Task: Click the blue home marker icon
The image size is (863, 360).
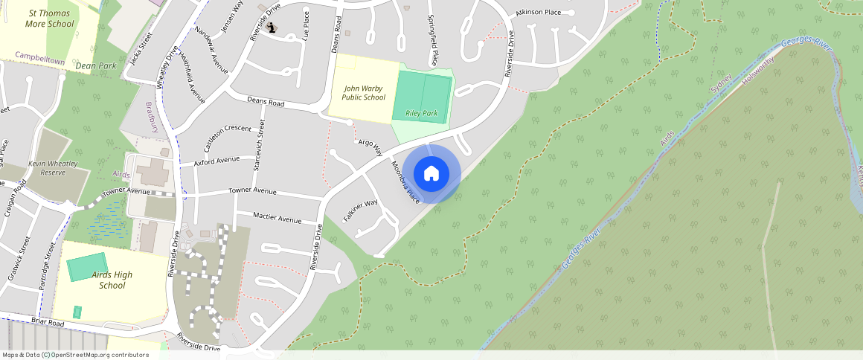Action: click(x=431, y=174)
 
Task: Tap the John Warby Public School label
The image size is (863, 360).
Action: click(x=364, y=92)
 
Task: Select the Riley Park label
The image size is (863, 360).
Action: click(x=422, y=113)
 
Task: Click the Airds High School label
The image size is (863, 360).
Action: click(x=112, y=280)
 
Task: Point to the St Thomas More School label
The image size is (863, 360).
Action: click(x=51, y=19)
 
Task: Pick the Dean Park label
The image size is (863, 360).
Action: click(x=96, y=65)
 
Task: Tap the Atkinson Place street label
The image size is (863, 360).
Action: click(x=538, y=13)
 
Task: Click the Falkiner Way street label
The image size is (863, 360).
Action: click(x=361, y=212)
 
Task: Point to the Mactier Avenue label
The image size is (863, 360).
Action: click(x=277, y=219)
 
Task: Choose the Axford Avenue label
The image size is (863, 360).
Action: click(x=217, y=160)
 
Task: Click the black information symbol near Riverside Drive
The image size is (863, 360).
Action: click(x=272, y=28)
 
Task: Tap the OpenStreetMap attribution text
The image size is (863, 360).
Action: click(x=76, y=355)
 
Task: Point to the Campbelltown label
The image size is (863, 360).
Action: click(x=40, y=56)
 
